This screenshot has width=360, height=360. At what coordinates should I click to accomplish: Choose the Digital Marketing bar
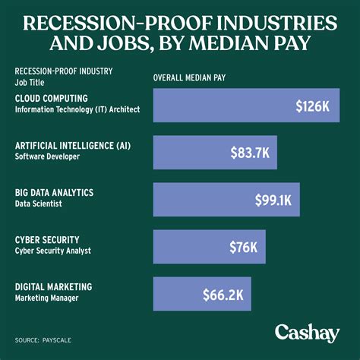pos(201,293)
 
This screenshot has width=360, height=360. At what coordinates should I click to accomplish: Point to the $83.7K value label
pos(250,153)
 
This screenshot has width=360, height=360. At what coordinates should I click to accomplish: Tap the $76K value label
pos(243,247)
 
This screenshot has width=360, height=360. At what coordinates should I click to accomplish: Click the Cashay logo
pos(306,333)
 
